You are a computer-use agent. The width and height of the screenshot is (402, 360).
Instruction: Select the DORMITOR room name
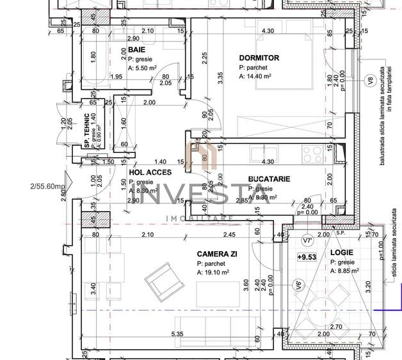pos(259,58)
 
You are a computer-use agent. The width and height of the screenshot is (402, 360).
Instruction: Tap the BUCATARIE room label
pos(269,180)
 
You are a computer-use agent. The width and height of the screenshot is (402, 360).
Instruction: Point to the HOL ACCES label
pos(149,172)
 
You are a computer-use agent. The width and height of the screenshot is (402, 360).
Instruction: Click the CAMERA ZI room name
pos(218,254)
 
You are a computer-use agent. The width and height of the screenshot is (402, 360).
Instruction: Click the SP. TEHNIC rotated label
pos(86,130)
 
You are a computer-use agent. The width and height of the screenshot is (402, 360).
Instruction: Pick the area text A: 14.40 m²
pos(259,76)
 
